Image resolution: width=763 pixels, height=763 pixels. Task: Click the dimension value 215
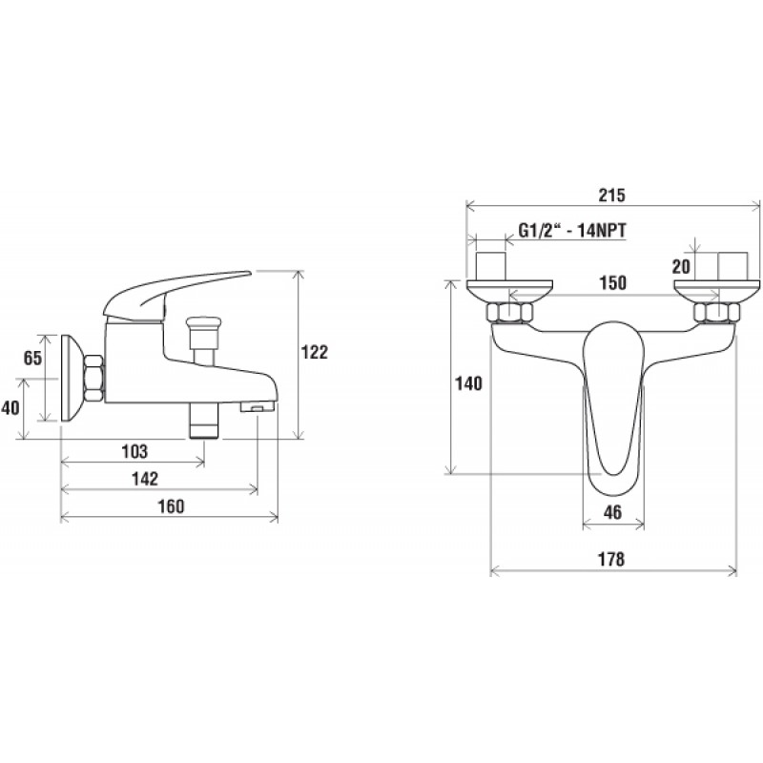(x=611, y=196)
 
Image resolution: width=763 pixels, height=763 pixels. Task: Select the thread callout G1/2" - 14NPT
(x=572, y=230)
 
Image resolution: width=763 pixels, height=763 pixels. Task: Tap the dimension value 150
(x=612, y=282)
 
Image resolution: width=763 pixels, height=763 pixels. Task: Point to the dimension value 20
(x=681, y=267)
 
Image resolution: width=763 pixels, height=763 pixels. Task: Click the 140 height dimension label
(x=468, y=384)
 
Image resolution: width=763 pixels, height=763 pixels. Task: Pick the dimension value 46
(x=612, y=512)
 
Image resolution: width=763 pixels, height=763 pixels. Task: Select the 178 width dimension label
(x=610, y=560)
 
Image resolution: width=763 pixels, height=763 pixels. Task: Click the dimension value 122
(x=315, y=352)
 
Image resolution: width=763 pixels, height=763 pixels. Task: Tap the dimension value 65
(x=33, y=359)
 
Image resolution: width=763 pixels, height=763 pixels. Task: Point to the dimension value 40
(x=10, y=408)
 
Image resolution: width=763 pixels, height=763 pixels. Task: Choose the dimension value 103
(x=134, y=451)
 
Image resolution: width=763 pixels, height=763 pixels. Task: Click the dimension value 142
(x=145, y=480)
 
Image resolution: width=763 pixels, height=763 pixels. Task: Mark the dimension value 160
(x=172, y=507)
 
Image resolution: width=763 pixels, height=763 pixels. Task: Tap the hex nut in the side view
(x=93, y=379)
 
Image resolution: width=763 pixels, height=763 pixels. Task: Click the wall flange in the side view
(x=73, y=378)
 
